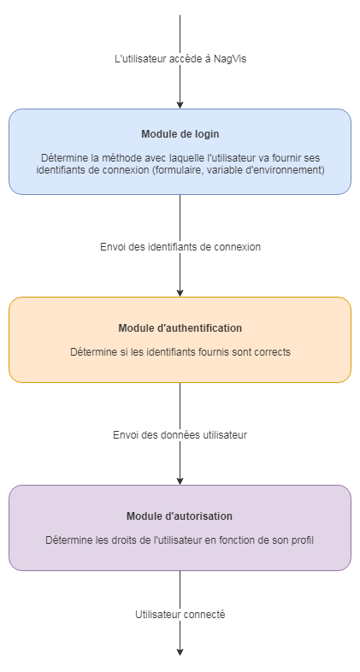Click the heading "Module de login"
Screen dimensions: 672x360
pyautogui.click(x=180, y=134)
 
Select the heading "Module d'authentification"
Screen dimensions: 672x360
pyautogui.click(x=180, y=328)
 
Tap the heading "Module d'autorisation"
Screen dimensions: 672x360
pyautogui.click(x=180, y=516)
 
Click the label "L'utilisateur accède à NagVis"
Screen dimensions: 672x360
pyautogui.click(x=180, y=59)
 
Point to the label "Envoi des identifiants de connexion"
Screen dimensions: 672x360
pyautogui.click(x=180, y=246)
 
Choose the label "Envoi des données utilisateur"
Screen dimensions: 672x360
pyautogui.click(x=180, y=435)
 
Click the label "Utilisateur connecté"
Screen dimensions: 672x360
pyautogui.click(x=180, y=615)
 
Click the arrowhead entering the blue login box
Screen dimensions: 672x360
pyautogui.click(x=180, y=104)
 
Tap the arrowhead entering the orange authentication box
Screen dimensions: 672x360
pyautogui.click(x=180, y=292)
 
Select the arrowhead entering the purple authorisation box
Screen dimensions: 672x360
pyautogui.click(x=180, y=480)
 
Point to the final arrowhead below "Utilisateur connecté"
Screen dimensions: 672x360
pyautogui.click(x=180, y=651)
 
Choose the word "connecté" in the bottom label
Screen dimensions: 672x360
pyautogui.click(x=205, y=615)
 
